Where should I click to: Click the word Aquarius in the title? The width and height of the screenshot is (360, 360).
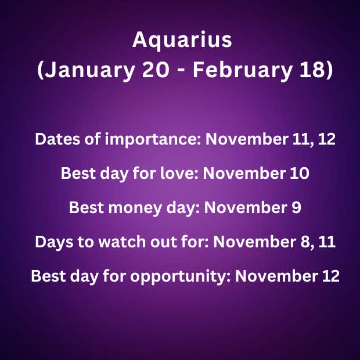182,41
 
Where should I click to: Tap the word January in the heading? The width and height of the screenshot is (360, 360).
89,70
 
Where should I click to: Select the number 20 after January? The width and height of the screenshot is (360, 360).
156,70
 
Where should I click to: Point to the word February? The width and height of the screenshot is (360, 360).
243,70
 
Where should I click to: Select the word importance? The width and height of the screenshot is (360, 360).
153,140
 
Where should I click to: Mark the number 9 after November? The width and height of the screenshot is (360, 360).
296,207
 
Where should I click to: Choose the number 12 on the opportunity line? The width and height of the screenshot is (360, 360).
331,276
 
